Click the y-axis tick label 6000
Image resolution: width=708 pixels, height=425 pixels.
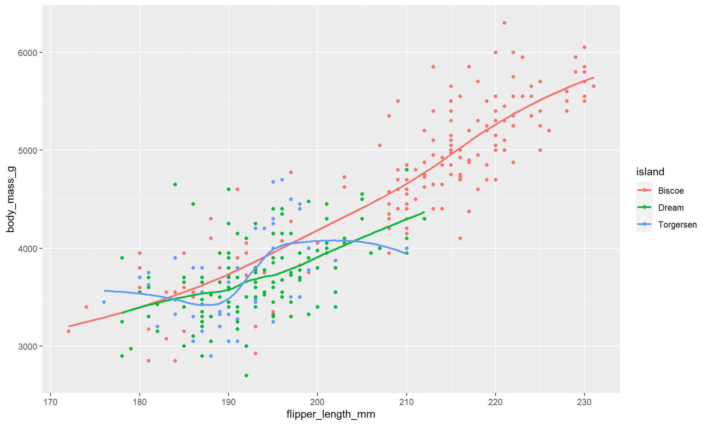(x=27, y=53)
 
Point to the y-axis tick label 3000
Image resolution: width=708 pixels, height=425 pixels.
(x=27, y=347)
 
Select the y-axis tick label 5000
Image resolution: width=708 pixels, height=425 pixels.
(x=27, y=151)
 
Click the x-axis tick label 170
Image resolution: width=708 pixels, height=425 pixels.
(x=51, y=402)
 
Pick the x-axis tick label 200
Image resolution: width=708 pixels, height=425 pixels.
(x=317, y=402)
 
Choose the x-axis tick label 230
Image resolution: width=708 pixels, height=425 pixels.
(x=584, y=402)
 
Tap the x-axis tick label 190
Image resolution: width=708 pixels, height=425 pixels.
(x=229, y=402)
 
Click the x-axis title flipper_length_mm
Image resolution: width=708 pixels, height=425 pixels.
(x=331, y=414)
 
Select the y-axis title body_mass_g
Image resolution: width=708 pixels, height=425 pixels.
(x=10, y=199)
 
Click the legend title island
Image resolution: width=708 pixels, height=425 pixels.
(x=650, y=172)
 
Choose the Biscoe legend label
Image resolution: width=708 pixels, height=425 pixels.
(x=671, y=191)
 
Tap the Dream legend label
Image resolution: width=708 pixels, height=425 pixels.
(x=671, y=208)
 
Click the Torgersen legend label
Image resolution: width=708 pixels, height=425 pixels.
(x=677, y=225)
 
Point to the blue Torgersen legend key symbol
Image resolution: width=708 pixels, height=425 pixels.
(x=644, y=224)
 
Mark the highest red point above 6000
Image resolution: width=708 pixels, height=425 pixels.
(x=504, y=23)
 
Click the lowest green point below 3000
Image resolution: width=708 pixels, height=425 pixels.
(x=246, y=376)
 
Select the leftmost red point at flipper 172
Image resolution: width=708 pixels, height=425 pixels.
(x=69, y=331)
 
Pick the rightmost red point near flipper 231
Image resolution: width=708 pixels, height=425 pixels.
(x=593, y=86)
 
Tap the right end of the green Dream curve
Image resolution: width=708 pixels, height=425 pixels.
(x=424, y=212)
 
